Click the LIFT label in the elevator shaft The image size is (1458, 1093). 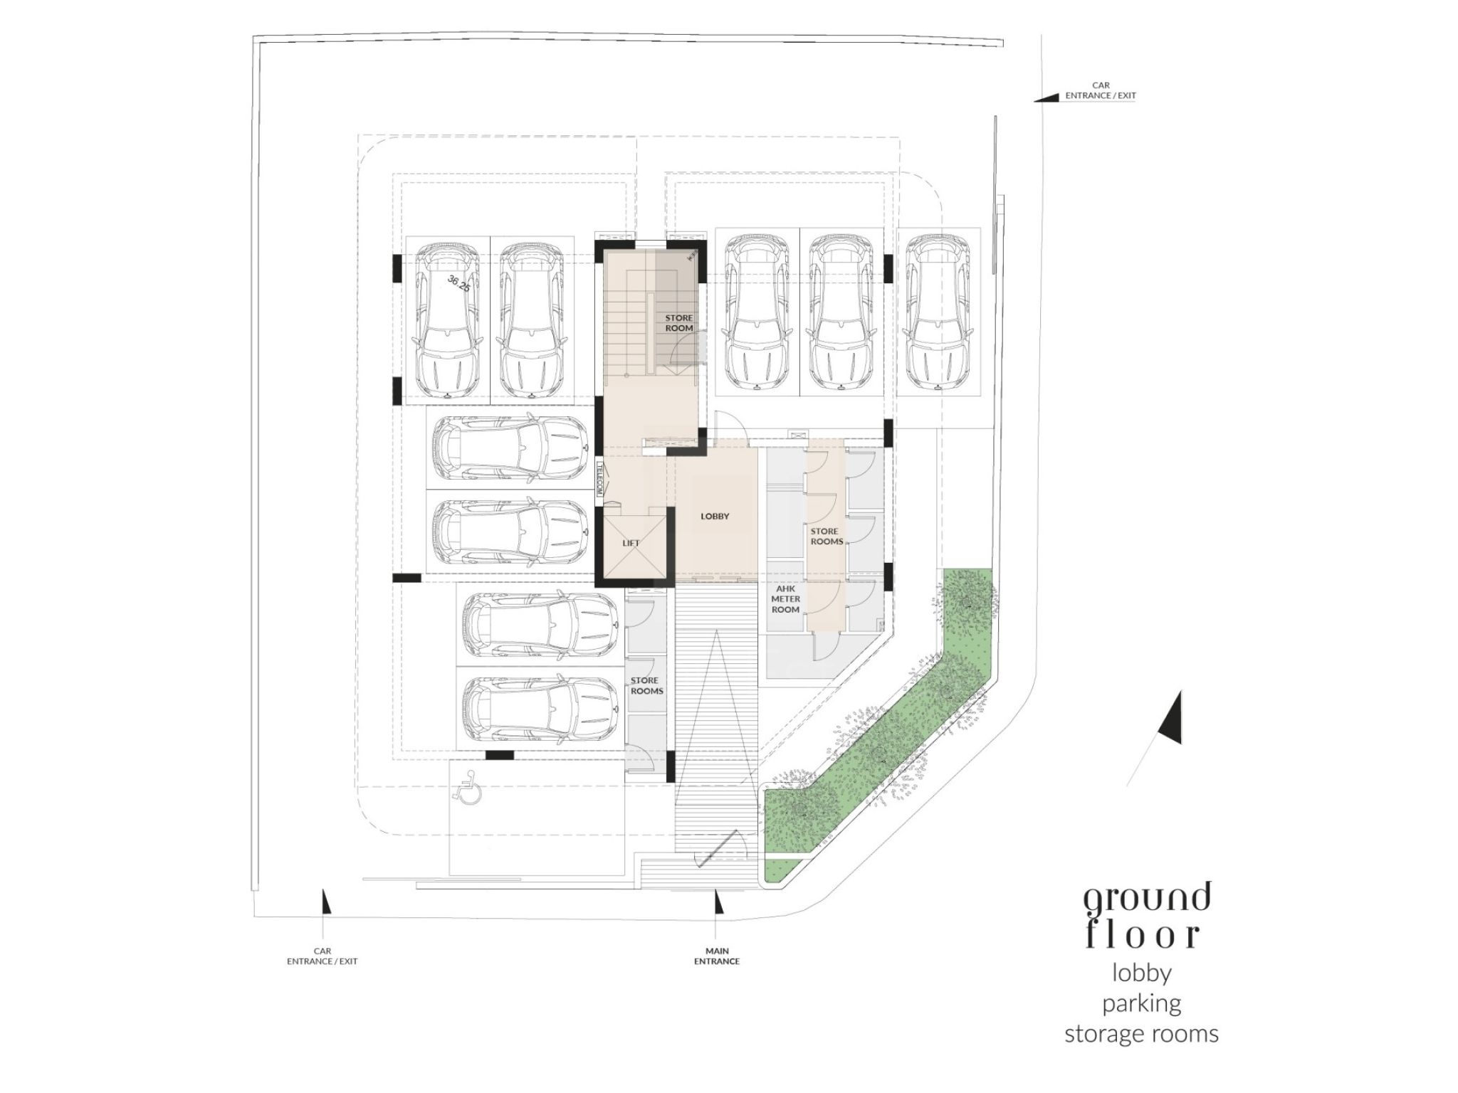tap(631, 543)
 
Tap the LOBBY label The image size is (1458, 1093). tap(715, 517)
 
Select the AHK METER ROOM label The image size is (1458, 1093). tap(786, 599)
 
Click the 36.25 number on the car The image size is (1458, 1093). tap(458, 283)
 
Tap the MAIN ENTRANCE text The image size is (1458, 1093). tap(717, 956)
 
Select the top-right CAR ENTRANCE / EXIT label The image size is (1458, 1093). tap(1101, 90)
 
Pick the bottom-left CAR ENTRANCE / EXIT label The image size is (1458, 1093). tap(322, 956)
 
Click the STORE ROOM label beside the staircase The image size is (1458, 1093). tap(679, 323)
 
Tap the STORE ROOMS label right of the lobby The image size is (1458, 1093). tap(827, 537)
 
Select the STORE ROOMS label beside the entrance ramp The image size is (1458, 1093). tap(646, 686)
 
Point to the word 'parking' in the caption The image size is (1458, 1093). tap(1142, 1004)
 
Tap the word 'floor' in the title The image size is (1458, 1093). tap(1143, 935)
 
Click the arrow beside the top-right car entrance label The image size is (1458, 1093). tap(1047, 97)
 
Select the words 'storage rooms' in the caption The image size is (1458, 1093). tap(1142, 1034)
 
